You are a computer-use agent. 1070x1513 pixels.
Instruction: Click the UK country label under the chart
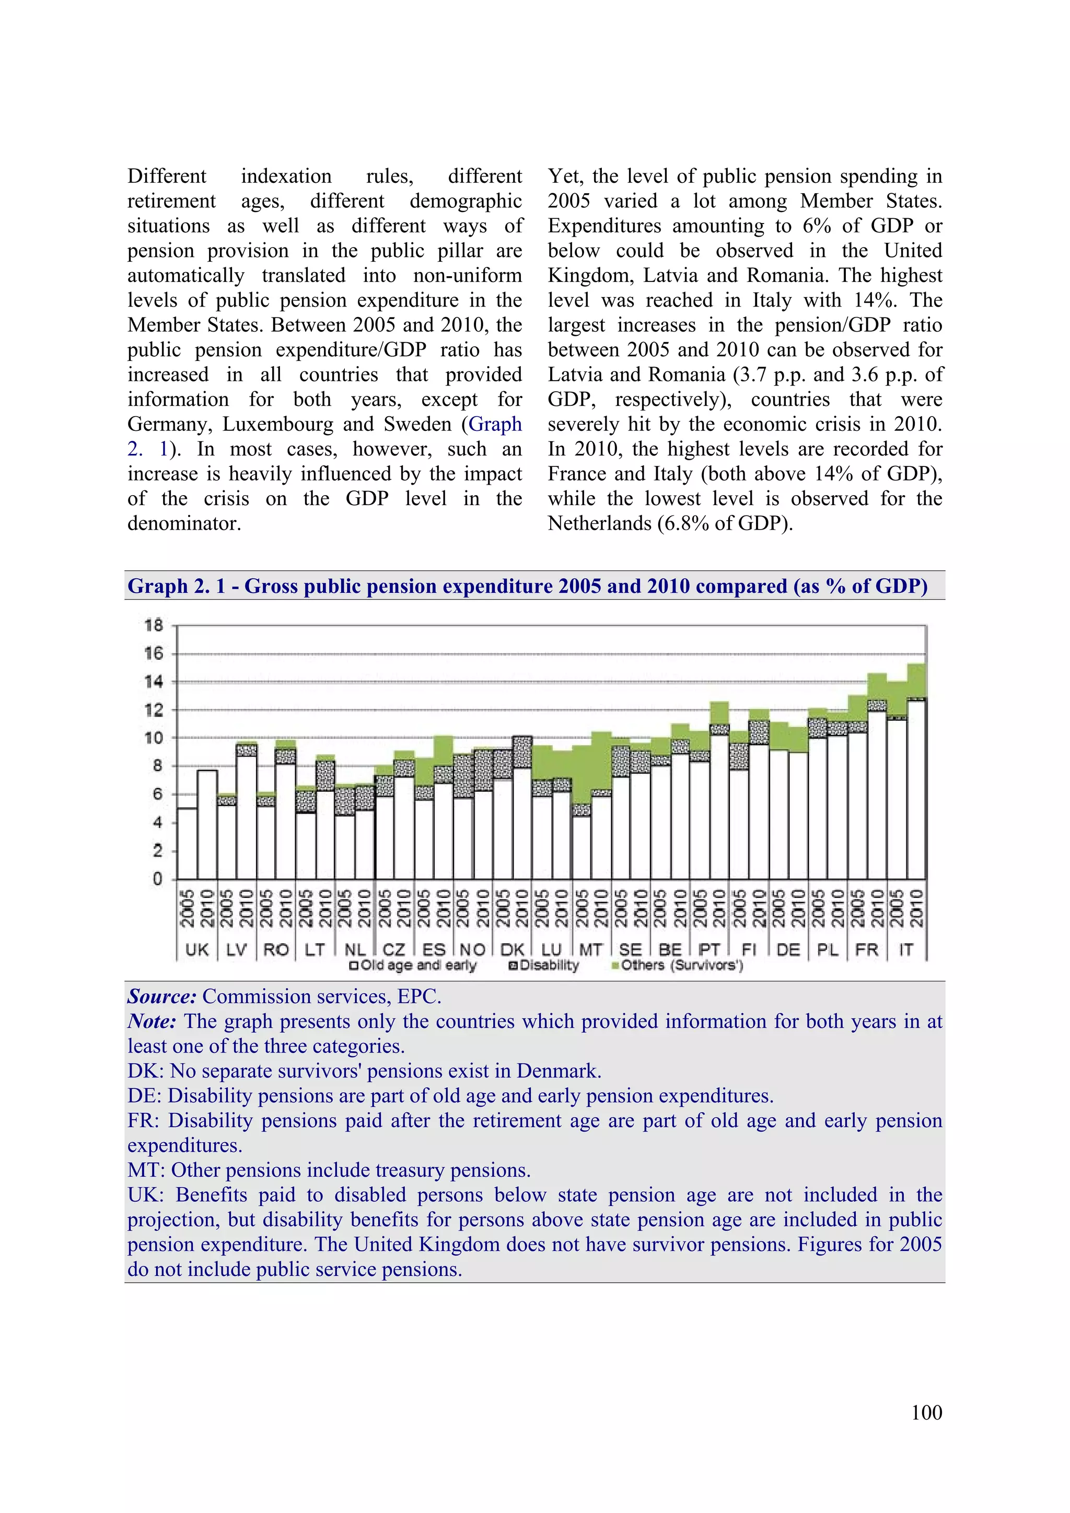click(x=196, y=949)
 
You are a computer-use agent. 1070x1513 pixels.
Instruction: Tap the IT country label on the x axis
click(x=906, y=949)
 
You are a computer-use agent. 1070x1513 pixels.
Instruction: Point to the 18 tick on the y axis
click(x=154, y=625)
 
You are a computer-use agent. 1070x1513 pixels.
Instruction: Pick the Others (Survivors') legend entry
click(x=682, y=965)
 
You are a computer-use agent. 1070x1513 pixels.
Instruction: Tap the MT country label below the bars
click(x=591, y=949)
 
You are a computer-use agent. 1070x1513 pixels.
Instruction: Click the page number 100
click(x=926, y=1412)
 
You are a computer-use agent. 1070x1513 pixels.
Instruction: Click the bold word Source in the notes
click(x=161, y=996)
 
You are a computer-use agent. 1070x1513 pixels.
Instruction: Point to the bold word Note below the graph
click(x=151, y=1022)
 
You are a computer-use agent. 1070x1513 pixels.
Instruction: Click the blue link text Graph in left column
click(x=495, y=425)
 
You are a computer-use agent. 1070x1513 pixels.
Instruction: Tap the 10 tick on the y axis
click(x=154, y=738)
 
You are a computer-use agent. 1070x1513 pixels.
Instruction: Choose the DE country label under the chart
click(x=788, y=949)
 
